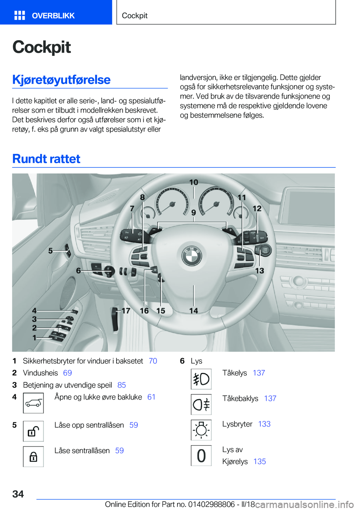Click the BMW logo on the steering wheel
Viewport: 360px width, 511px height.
(x=192, y=256)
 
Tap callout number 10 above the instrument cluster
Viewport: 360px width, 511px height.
(x=193, y=182)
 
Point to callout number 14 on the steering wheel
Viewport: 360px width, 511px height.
(x=193, y=311)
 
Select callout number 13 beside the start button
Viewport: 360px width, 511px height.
(x=259, y=271)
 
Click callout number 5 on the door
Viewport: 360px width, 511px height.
(x=51, y=251)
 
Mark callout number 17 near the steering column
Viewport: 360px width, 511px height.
(x=126, y=311)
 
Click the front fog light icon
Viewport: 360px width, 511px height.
(x=201, y=379)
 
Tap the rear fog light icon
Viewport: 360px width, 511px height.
(x=201, y=404)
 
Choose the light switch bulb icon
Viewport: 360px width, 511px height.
(x=201, y=430)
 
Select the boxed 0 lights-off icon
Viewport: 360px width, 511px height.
(x=201, y=455)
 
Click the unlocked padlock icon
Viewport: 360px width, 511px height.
(x=33, y=431)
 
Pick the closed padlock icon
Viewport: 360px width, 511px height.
(x=33, y=457)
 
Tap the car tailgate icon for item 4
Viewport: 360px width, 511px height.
(x=33, y=403)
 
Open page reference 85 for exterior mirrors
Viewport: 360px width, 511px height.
(x=121, y=385)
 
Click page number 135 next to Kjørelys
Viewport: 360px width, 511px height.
(x=259, y=461)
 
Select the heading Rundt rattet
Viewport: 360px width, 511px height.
(x=46, y=159)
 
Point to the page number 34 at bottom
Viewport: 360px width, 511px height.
(x=18, y=494)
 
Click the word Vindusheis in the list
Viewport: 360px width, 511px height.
(x=40, y=373)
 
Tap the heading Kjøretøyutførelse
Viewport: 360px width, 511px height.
(x=61, y=80)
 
